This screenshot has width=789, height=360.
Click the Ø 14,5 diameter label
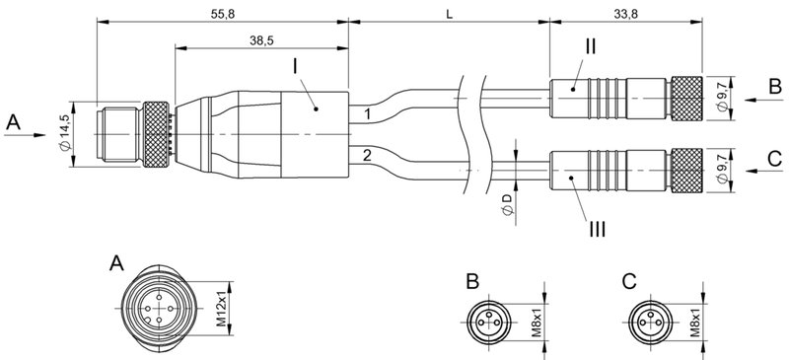[64, 130]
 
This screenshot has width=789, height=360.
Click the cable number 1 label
[366, 114]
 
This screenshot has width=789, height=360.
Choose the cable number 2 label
[366, 156]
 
